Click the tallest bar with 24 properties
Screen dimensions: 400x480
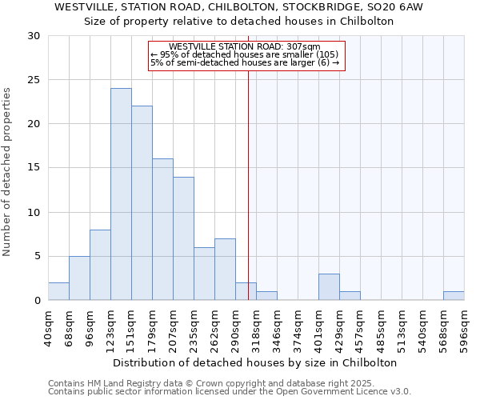[x=121, y=194]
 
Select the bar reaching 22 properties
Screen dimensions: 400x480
[x=142, y=203]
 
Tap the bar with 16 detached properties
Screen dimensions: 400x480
[x=162, y=230]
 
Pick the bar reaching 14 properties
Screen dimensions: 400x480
[x=183, y=238]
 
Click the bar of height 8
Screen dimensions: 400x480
[x=100, y=265]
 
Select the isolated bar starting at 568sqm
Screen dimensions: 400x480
[x=454, y=296]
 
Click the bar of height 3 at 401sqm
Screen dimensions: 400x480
[x=329, y=287]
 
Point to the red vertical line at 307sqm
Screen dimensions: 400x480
[x=248, y=184]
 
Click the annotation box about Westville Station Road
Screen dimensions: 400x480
[x=246, y=55]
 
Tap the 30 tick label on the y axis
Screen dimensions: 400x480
[x=34, y=36]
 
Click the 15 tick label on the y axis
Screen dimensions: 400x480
[x=34, y=168]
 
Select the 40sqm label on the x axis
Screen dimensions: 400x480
[x=48, y=325]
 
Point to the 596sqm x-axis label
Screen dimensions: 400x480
[x=464, y=325]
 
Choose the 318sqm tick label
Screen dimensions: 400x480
[x=256, y=325]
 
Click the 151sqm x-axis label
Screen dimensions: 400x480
[x=131, y=325]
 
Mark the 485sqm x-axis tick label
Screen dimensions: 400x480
[x=381, y=325]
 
